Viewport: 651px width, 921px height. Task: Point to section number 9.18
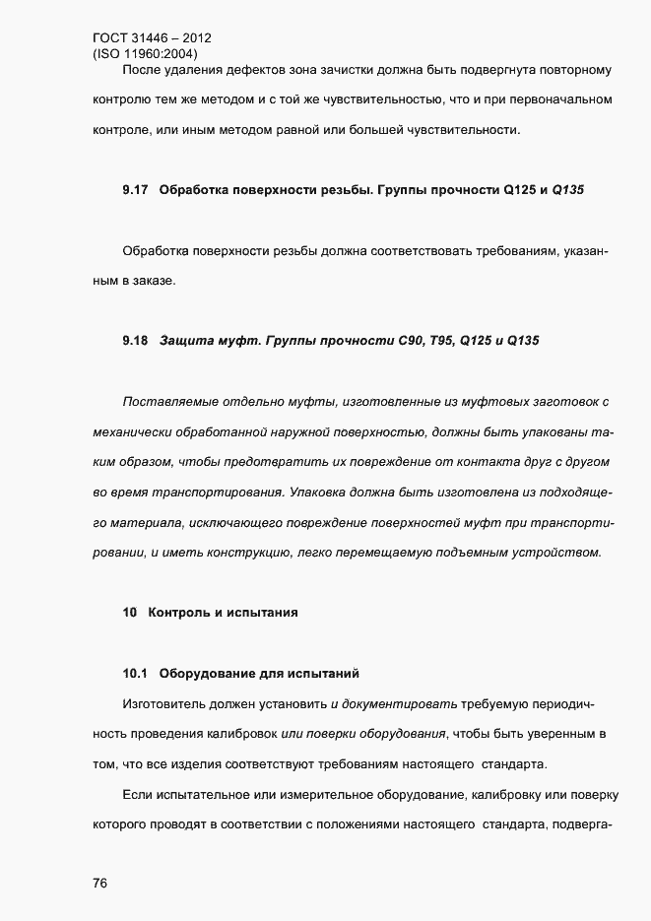click(x=135, y=341)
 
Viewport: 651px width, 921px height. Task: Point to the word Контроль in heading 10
click(x=178, y=613)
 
